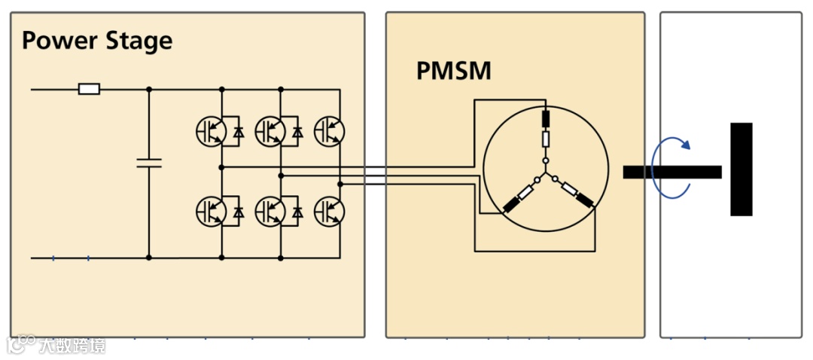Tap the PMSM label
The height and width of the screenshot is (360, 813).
point(453,72)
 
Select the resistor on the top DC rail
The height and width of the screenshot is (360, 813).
point(89,90)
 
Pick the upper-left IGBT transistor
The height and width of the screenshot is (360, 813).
point(210,131)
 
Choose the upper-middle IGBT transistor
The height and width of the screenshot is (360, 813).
point(269,131)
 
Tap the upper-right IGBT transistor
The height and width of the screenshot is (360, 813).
point(328,131)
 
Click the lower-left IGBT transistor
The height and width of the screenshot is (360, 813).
point(210,212)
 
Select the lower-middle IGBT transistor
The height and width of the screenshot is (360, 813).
point(269,212)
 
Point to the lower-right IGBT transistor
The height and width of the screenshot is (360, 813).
point(328,212)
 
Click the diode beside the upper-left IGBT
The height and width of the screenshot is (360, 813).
point(239,132)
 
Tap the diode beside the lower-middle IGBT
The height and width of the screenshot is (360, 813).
point(297,213)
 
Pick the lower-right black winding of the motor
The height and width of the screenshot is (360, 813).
point(583,200)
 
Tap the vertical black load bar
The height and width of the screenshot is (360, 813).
point(741,169)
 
